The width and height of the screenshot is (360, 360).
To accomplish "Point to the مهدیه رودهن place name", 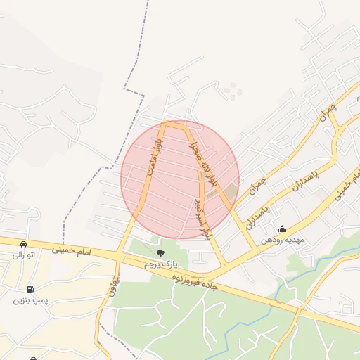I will pyautogui.click(x=282, y=240).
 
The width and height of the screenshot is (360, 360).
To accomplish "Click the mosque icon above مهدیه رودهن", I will pyautogui.click(x=282, y=229).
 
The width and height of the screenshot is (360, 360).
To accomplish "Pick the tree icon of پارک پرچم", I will pyautogui.click(x=160, y=252).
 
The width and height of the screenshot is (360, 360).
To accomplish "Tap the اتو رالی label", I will pyautogui.click(x=24, y=255).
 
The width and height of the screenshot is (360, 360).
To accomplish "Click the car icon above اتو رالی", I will pyautogui.click(x=24, y=244).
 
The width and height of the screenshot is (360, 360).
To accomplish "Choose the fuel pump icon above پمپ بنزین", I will pyautogui.click(x=30, y=289).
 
